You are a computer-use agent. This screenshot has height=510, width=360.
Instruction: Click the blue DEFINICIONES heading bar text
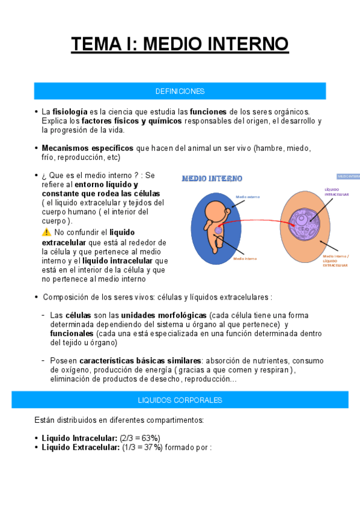coord(180,91)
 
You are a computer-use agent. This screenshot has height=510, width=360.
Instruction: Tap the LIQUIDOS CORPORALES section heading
coord(180,400)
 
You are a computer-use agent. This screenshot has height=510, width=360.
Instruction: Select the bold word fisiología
coord(69,112)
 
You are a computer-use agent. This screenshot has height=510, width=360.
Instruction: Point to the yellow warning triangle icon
coord(46,232)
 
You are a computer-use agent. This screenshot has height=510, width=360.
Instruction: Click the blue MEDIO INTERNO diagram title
coord(212,179)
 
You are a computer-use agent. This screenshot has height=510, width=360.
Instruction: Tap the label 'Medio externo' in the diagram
coord(247,197)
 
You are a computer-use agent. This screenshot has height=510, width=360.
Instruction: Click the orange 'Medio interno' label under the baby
coord(245,259)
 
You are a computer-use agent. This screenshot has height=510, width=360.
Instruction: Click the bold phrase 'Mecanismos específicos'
coord(88,148)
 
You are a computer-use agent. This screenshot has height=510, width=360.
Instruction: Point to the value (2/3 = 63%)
coord(140,438)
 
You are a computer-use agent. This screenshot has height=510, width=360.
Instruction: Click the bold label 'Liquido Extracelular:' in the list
coord(80,447)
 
